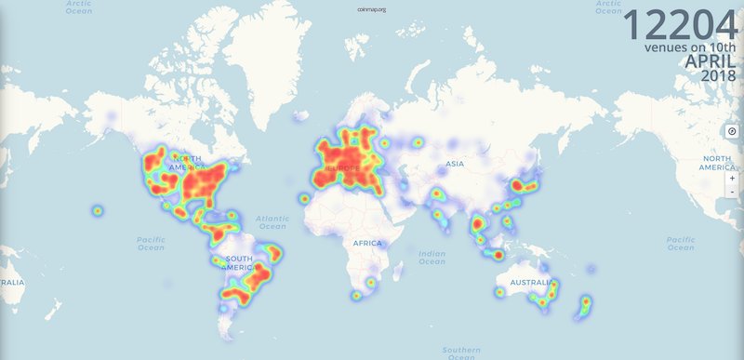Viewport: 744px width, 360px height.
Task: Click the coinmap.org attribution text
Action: point(371,9)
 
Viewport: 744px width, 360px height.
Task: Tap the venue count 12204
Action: point(681,26)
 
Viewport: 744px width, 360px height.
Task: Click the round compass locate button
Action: point(733,131)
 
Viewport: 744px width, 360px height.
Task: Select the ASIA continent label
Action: point(455,164)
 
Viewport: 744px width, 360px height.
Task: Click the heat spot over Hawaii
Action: point(97,210)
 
